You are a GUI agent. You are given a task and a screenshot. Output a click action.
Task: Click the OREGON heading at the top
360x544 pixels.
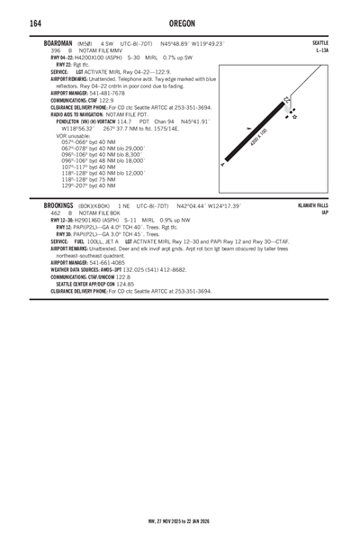tap(181, 23)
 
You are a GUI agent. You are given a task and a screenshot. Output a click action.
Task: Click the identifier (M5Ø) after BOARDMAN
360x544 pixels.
tap(85, 43)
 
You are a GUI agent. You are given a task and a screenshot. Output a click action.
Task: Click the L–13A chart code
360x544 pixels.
tap(322, 50)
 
